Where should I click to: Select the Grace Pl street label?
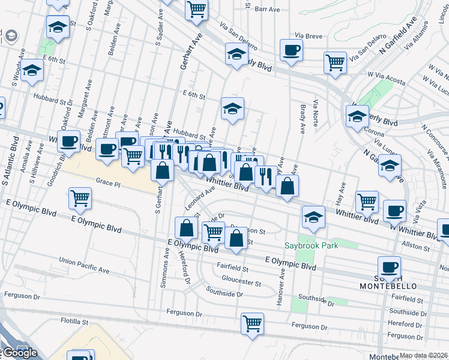tap(109, 182)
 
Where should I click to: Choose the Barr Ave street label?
tap(268, 9)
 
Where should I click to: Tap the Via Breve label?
tap(306, 36)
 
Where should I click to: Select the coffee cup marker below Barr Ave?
tap(291, 51)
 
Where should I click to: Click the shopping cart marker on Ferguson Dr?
tap(253, 323)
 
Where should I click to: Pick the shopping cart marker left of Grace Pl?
tap(80, 198)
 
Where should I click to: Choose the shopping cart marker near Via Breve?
tap(335, 62)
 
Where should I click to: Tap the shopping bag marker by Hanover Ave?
tap(288, 186)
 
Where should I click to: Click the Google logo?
tap(19, 353)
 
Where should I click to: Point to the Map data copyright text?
tap(423, 355)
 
